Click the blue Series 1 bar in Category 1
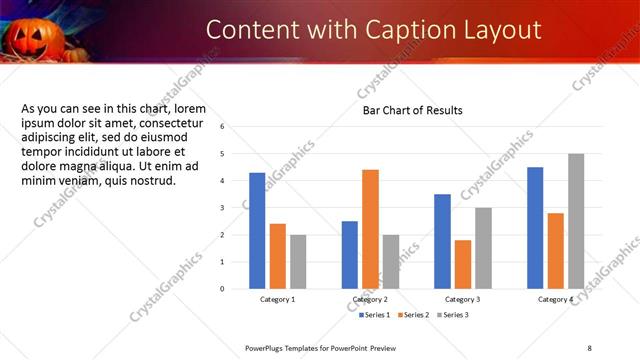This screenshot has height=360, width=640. (x=257, y=231)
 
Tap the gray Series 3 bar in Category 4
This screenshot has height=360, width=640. (x=576, y=221)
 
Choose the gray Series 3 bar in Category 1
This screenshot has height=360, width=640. (x=298, y=262)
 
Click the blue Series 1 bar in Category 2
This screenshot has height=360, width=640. (x=349, y=255)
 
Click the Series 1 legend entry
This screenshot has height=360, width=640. (x=376, y=315)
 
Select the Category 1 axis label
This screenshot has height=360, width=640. (x=278, y=300)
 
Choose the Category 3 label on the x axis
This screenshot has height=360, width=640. (x=462, y=300)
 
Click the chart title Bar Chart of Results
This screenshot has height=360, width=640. (x=412, y=110)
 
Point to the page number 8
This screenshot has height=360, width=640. (x=589, y=347)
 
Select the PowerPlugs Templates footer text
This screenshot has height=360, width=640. (x=315, y=347)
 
